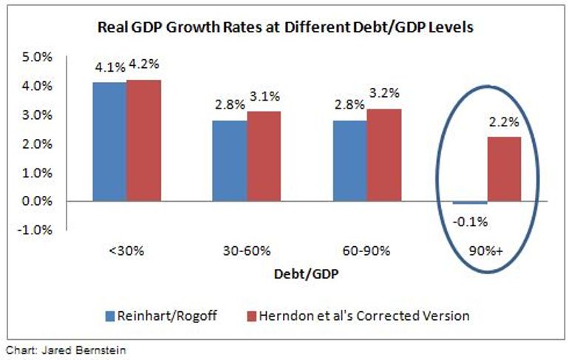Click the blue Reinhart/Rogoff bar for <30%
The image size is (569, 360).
[x=109, y=141]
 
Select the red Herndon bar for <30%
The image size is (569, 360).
[x=143, y=140]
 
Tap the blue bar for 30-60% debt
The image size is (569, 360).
[x=230, y=160]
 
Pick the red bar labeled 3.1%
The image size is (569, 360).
[x=264, y=156]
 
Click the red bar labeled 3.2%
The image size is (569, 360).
[x=384, y=154]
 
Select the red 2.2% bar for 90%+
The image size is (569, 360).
[x=505, y=169]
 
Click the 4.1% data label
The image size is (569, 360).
[x=109, y=68]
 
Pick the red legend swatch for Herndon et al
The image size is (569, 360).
[x=251, y=316]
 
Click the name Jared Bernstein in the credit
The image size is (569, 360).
[x=78, y=348]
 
